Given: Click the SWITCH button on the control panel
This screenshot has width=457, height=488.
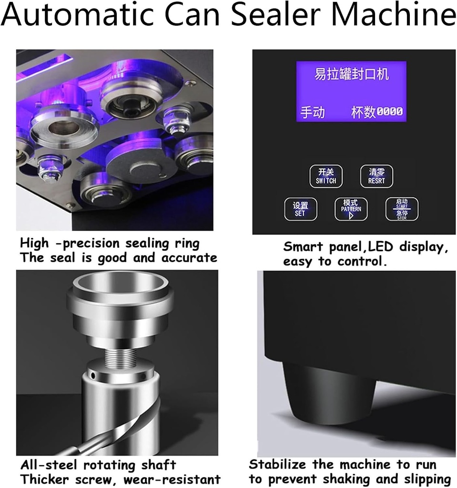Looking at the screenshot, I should pos(326,176).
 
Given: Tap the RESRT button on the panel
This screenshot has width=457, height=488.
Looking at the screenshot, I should pos(376,176).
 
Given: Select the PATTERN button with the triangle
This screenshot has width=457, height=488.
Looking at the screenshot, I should pos(351,209).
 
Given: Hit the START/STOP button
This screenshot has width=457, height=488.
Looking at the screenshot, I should pos(402,209).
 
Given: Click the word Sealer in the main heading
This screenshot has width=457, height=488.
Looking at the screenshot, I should pos(287,15).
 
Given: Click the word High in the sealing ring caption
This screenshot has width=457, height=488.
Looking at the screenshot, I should pos(34,243).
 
